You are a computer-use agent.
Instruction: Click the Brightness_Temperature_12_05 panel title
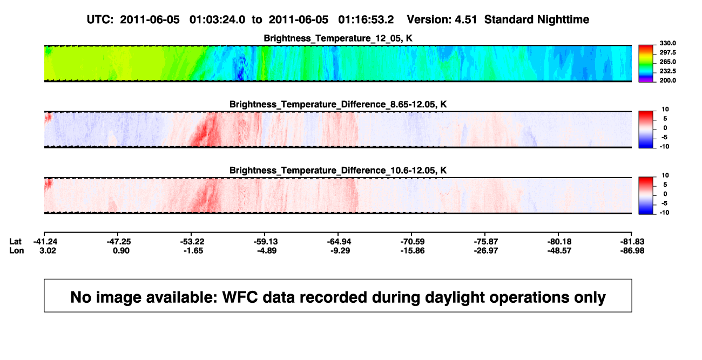(x=338, y=38)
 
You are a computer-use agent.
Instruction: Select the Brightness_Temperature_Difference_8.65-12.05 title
(x=338, y=104)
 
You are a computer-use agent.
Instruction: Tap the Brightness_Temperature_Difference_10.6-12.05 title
(x=338, y=171)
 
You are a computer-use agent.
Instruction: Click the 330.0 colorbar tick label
(x=667, y=43)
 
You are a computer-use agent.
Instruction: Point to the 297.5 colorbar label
(x=667, y=52)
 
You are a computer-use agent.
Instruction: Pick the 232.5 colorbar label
(x=667, y=71)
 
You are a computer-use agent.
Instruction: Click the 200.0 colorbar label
(x=667, y=80)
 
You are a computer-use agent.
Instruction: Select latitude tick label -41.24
(x=45, y=242)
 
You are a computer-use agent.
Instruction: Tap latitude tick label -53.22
(x=192, y=242)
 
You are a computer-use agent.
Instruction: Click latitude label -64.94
(x=339, y=242)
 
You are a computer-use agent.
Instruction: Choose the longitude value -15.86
(x=413, y=250)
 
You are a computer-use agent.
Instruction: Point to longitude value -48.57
(x=559, y=250)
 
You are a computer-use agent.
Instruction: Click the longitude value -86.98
(x=632, y=250)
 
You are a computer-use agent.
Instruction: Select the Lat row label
(x=15, y=242)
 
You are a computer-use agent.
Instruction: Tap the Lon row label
(x=17, y=250)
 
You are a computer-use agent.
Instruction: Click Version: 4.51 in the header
(x=442, y=20)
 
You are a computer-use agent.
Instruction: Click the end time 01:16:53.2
(x=366, y=20)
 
